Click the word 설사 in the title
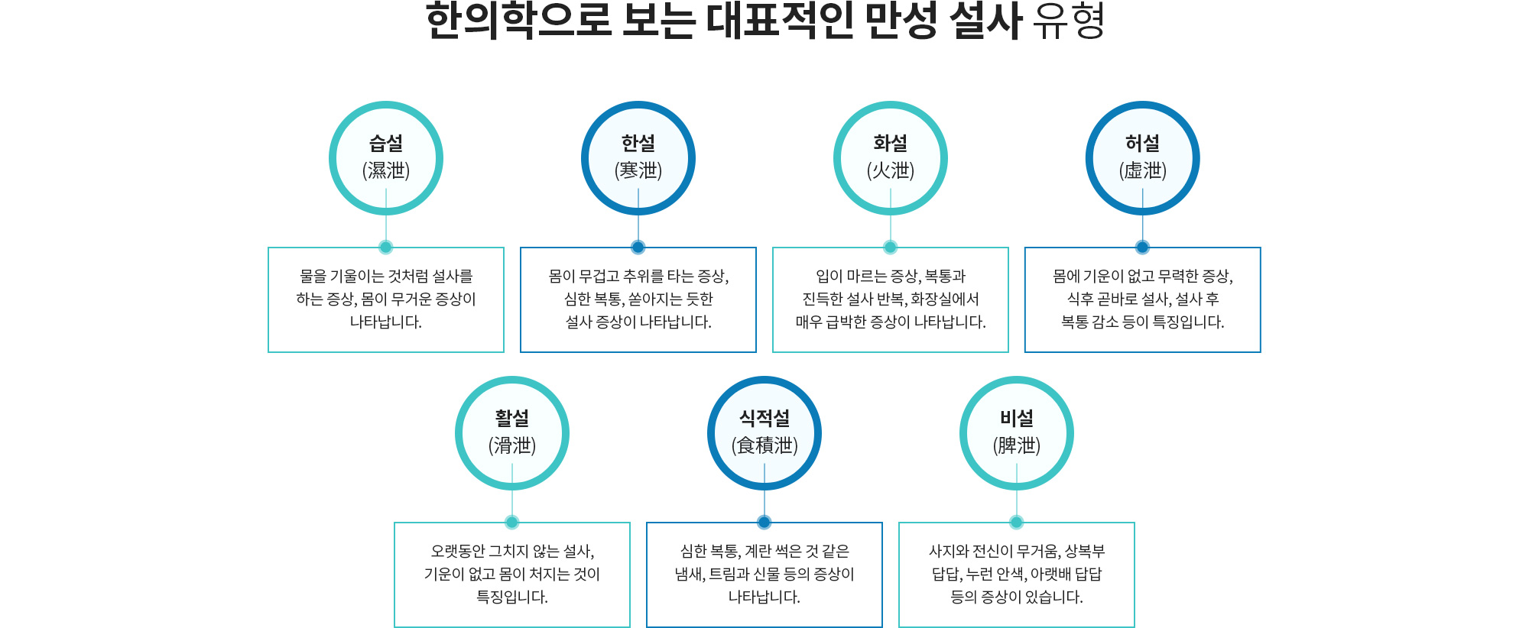click(x=985, y=21)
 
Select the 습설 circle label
click(x=386, y=143)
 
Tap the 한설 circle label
click(x=638, y=143)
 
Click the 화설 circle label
click(x=891, y=143)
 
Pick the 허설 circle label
click(x=1142, y=143)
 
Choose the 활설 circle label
click(x=512, y=418)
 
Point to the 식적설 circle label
click(x=764, y=418)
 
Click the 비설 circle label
click(x=1017, y=418)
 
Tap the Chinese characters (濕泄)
click(x=386, y=170)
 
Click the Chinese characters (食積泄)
click(x=764, y=445)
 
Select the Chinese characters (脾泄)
click(x=1017, y=445)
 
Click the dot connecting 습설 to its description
click(x=386, y=247)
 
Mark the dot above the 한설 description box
click(x=638, y=247)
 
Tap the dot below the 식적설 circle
click(x=764, y=522)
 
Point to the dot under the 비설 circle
click(x=1017, y=522)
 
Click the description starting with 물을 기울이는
click(x=386, y=299)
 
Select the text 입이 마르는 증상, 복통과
click(x=891, y=276)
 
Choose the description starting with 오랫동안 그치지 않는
click(x=512, y=574)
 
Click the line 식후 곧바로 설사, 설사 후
click(x=1143, y=299)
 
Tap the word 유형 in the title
click(x=1069, y=21)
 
